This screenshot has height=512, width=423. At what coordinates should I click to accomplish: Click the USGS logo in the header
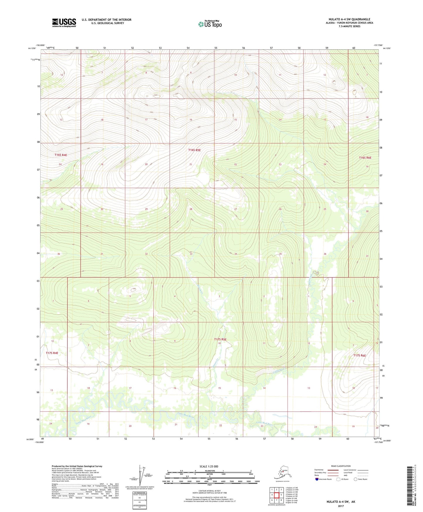tap(64, 23)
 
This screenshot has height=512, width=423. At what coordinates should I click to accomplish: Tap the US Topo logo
tap(210, 24)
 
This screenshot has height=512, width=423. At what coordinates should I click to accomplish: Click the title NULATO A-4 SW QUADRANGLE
tap(349, 19)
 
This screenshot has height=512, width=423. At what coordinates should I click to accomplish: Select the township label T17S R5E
tap(220, 339)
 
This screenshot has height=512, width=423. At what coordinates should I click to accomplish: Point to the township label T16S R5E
tap(194, 150)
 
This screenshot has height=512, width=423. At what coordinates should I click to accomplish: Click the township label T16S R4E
tap(61, 155)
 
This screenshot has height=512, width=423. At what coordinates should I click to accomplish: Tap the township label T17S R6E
tap(359, 355)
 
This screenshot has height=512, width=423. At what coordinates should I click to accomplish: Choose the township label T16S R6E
tap(365, 158)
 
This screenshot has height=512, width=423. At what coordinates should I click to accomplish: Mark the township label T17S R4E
tap(52, 353)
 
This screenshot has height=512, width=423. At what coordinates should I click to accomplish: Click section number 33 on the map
tap(191, 254)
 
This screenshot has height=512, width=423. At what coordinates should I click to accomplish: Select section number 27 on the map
tap(235, 209)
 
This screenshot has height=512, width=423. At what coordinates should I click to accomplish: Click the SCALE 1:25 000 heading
tap(209, 467)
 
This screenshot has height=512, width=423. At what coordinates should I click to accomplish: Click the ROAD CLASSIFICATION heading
tap(341, 466)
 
